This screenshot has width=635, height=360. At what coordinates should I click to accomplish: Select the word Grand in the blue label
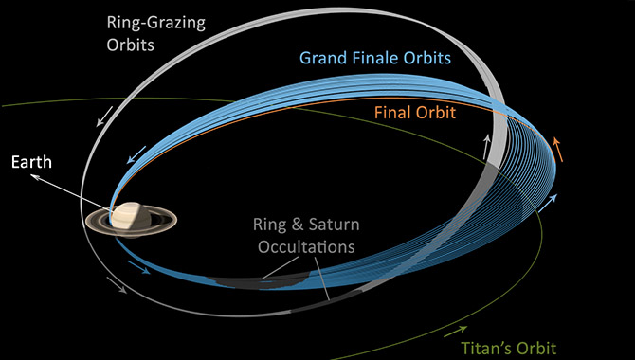point(326,57)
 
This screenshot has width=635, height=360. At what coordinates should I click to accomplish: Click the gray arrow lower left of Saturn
point(120,286)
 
